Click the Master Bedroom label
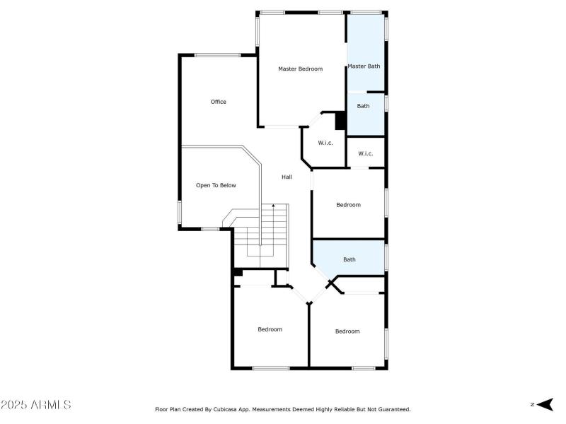pos(300,69)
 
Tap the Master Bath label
pos(364,66)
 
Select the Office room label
pos(219,102)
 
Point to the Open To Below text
pos(216,185)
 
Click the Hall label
pos(287,177)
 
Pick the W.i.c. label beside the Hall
pos(325,143)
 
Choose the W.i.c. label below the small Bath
pos(365,153)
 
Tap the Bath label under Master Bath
pos(363,106)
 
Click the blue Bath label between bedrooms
pos(350,259)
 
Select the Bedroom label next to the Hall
pos(348,205)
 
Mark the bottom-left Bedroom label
pos(270,329)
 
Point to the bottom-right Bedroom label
pos(347,331)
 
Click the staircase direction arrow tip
pos(274,205)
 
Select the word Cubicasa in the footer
pos(248,409)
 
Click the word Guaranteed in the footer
pos(393,409)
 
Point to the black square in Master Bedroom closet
pos(340,121)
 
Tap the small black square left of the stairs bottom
pos(238,272)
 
